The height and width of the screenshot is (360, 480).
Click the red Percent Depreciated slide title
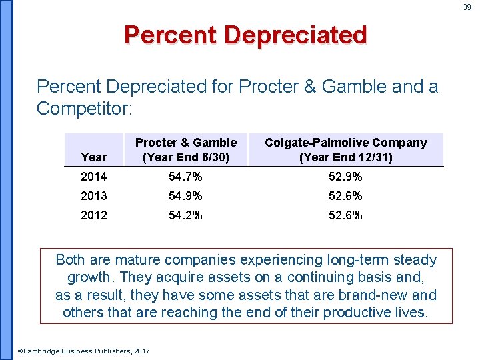coord(245,34)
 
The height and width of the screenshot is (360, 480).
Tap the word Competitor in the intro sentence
coord(79,108)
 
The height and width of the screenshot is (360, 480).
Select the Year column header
coord(93,157)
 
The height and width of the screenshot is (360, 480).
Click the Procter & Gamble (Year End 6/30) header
coord(186,150)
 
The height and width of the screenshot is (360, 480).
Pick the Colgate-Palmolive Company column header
coord(345,150)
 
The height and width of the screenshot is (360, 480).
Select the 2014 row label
coord(93,177)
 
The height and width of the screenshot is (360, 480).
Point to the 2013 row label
coord(93,196)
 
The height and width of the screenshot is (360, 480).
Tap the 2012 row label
coord(93,215)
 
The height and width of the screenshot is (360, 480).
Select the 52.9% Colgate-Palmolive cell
coord(345,177)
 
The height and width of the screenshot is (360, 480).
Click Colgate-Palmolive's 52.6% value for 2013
coord(345,196)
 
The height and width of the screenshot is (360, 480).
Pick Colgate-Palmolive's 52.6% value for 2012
coord(345,215)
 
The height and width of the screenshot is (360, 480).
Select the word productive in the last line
coord(343,312)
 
